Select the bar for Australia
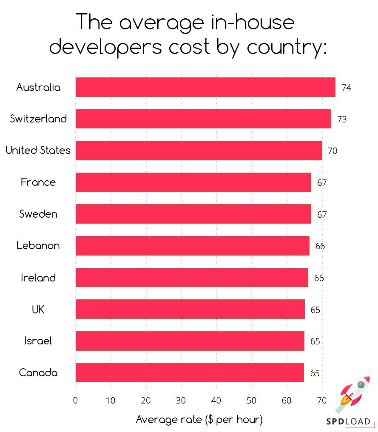pos(205,87)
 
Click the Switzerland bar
pos(203,119)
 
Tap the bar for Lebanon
pos(192,246)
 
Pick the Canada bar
pos(190,373)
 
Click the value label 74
pos(346,88)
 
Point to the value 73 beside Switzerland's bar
pos(342,119)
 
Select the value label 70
pos(333,151)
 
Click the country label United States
pos(38,151)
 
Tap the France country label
pos(38,182)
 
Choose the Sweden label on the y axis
pos(38,214)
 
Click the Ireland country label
pos(38,278)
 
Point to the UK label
pos(38,310)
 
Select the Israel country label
pos(38,341)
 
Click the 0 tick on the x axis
pos(76,400)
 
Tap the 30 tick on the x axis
pos(181,400)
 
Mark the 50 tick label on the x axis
pos(252,400)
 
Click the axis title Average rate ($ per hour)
pos(199,420)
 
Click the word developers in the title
pos(106,46)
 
